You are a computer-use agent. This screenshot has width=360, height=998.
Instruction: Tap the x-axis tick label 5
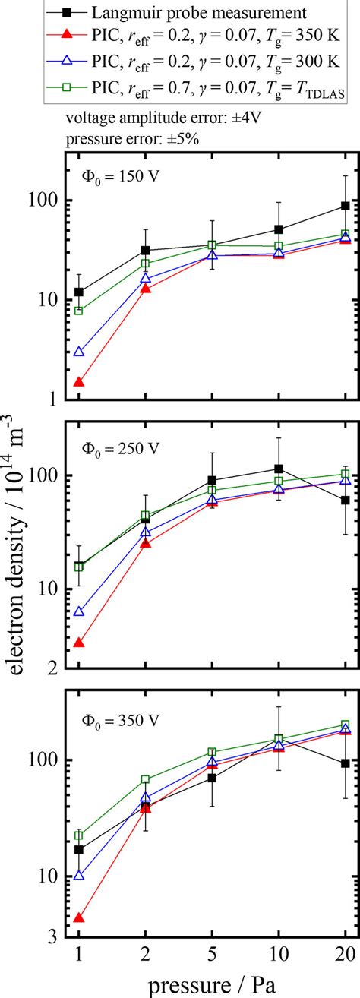coord(212,954)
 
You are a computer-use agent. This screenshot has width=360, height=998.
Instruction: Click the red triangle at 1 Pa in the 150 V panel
coord(78,382)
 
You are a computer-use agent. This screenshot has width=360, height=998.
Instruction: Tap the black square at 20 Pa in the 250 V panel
coord(346,500)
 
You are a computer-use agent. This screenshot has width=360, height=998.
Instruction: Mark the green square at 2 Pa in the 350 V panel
coord(145,779)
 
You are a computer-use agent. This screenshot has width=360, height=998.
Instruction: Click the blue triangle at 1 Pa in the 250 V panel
coord(78,611)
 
